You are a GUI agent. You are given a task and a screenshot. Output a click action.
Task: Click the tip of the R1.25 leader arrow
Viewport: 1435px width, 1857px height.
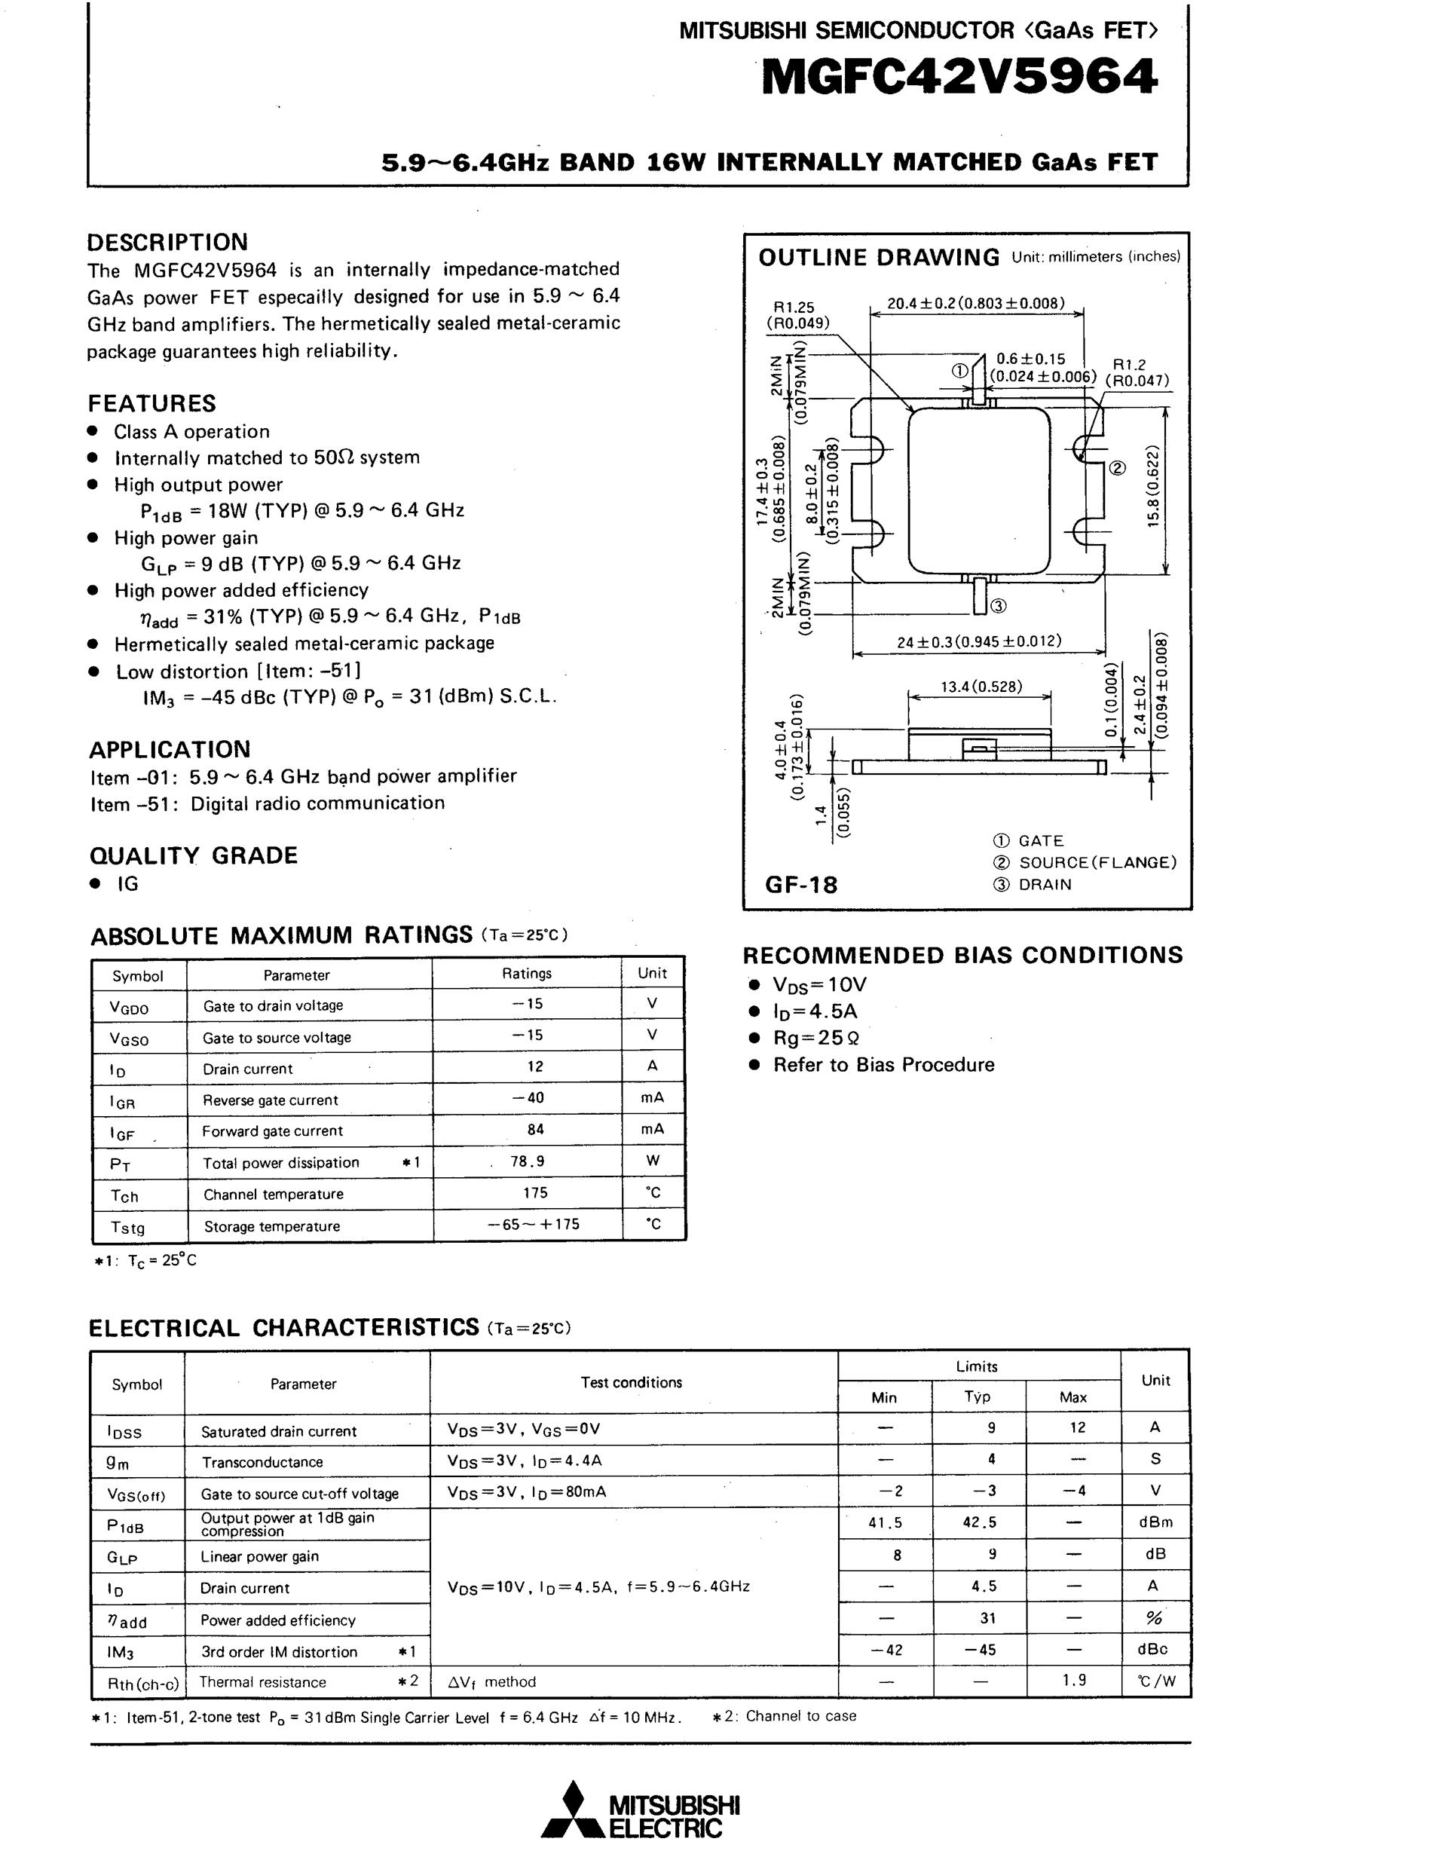(912, 411)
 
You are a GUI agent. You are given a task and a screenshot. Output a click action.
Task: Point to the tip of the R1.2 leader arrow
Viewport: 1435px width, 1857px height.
(1081, 460)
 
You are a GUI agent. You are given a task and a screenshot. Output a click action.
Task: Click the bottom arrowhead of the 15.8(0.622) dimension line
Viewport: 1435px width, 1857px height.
(1165, 572)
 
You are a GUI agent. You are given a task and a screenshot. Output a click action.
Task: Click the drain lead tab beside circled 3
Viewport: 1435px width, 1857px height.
(979, 595)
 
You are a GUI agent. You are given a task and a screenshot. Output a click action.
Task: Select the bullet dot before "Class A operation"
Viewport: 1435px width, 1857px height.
(95, 431)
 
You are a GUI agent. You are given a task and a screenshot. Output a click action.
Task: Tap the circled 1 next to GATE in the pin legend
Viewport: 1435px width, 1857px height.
(1001, 841)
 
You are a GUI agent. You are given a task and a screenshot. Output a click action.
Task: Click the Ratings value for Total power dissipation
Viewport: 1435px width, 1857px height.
(527, 1161)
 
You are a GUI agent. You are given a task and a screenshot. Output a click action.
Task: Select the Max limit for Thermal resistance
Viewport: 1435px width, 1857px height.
(1074, 1680)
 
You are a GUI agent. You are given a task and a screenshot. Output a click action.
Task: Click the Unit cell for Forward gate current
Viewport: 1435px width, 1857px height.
(652, 1129)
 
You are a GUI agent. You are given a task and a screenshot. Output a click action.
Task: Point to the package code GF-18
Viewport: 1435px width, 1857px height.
(801, 885)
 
